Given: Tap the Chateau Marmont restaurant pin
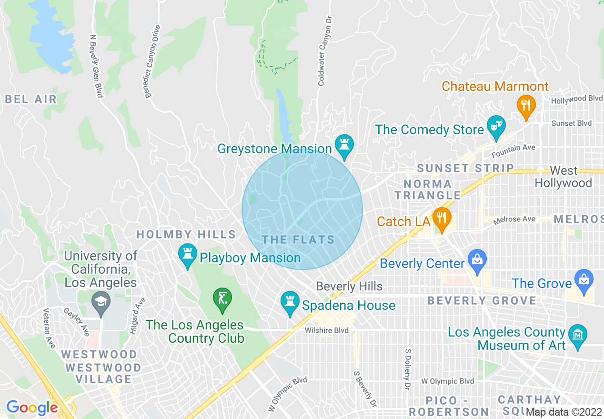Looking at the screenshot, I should click(526, 105).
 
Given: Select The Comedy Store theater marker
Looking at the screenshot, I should click(496, 126).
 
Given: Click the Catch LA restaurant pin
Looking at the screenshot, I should click(443, 219).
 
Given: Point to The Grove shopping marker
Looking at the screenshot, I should click(584, 279).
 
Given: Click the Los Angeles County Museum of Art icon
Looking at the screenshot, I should click(578, 335).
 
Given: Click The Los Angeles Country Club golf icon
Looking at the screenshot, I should click(222, 299).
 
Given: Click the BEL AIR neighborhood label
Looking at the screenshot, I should click(31, 100).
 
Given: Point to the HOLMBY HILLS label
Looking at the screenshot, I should click(186, 234).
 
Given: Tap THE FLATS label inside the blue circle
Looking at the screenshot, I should click(299, 239).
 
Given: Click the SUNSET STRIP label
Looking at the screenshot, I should click(465, 168).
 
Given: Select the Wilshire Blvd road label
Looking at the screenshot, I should click(327, 330).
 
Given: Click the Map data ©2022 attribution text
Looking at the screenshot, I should click(564, 412).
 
